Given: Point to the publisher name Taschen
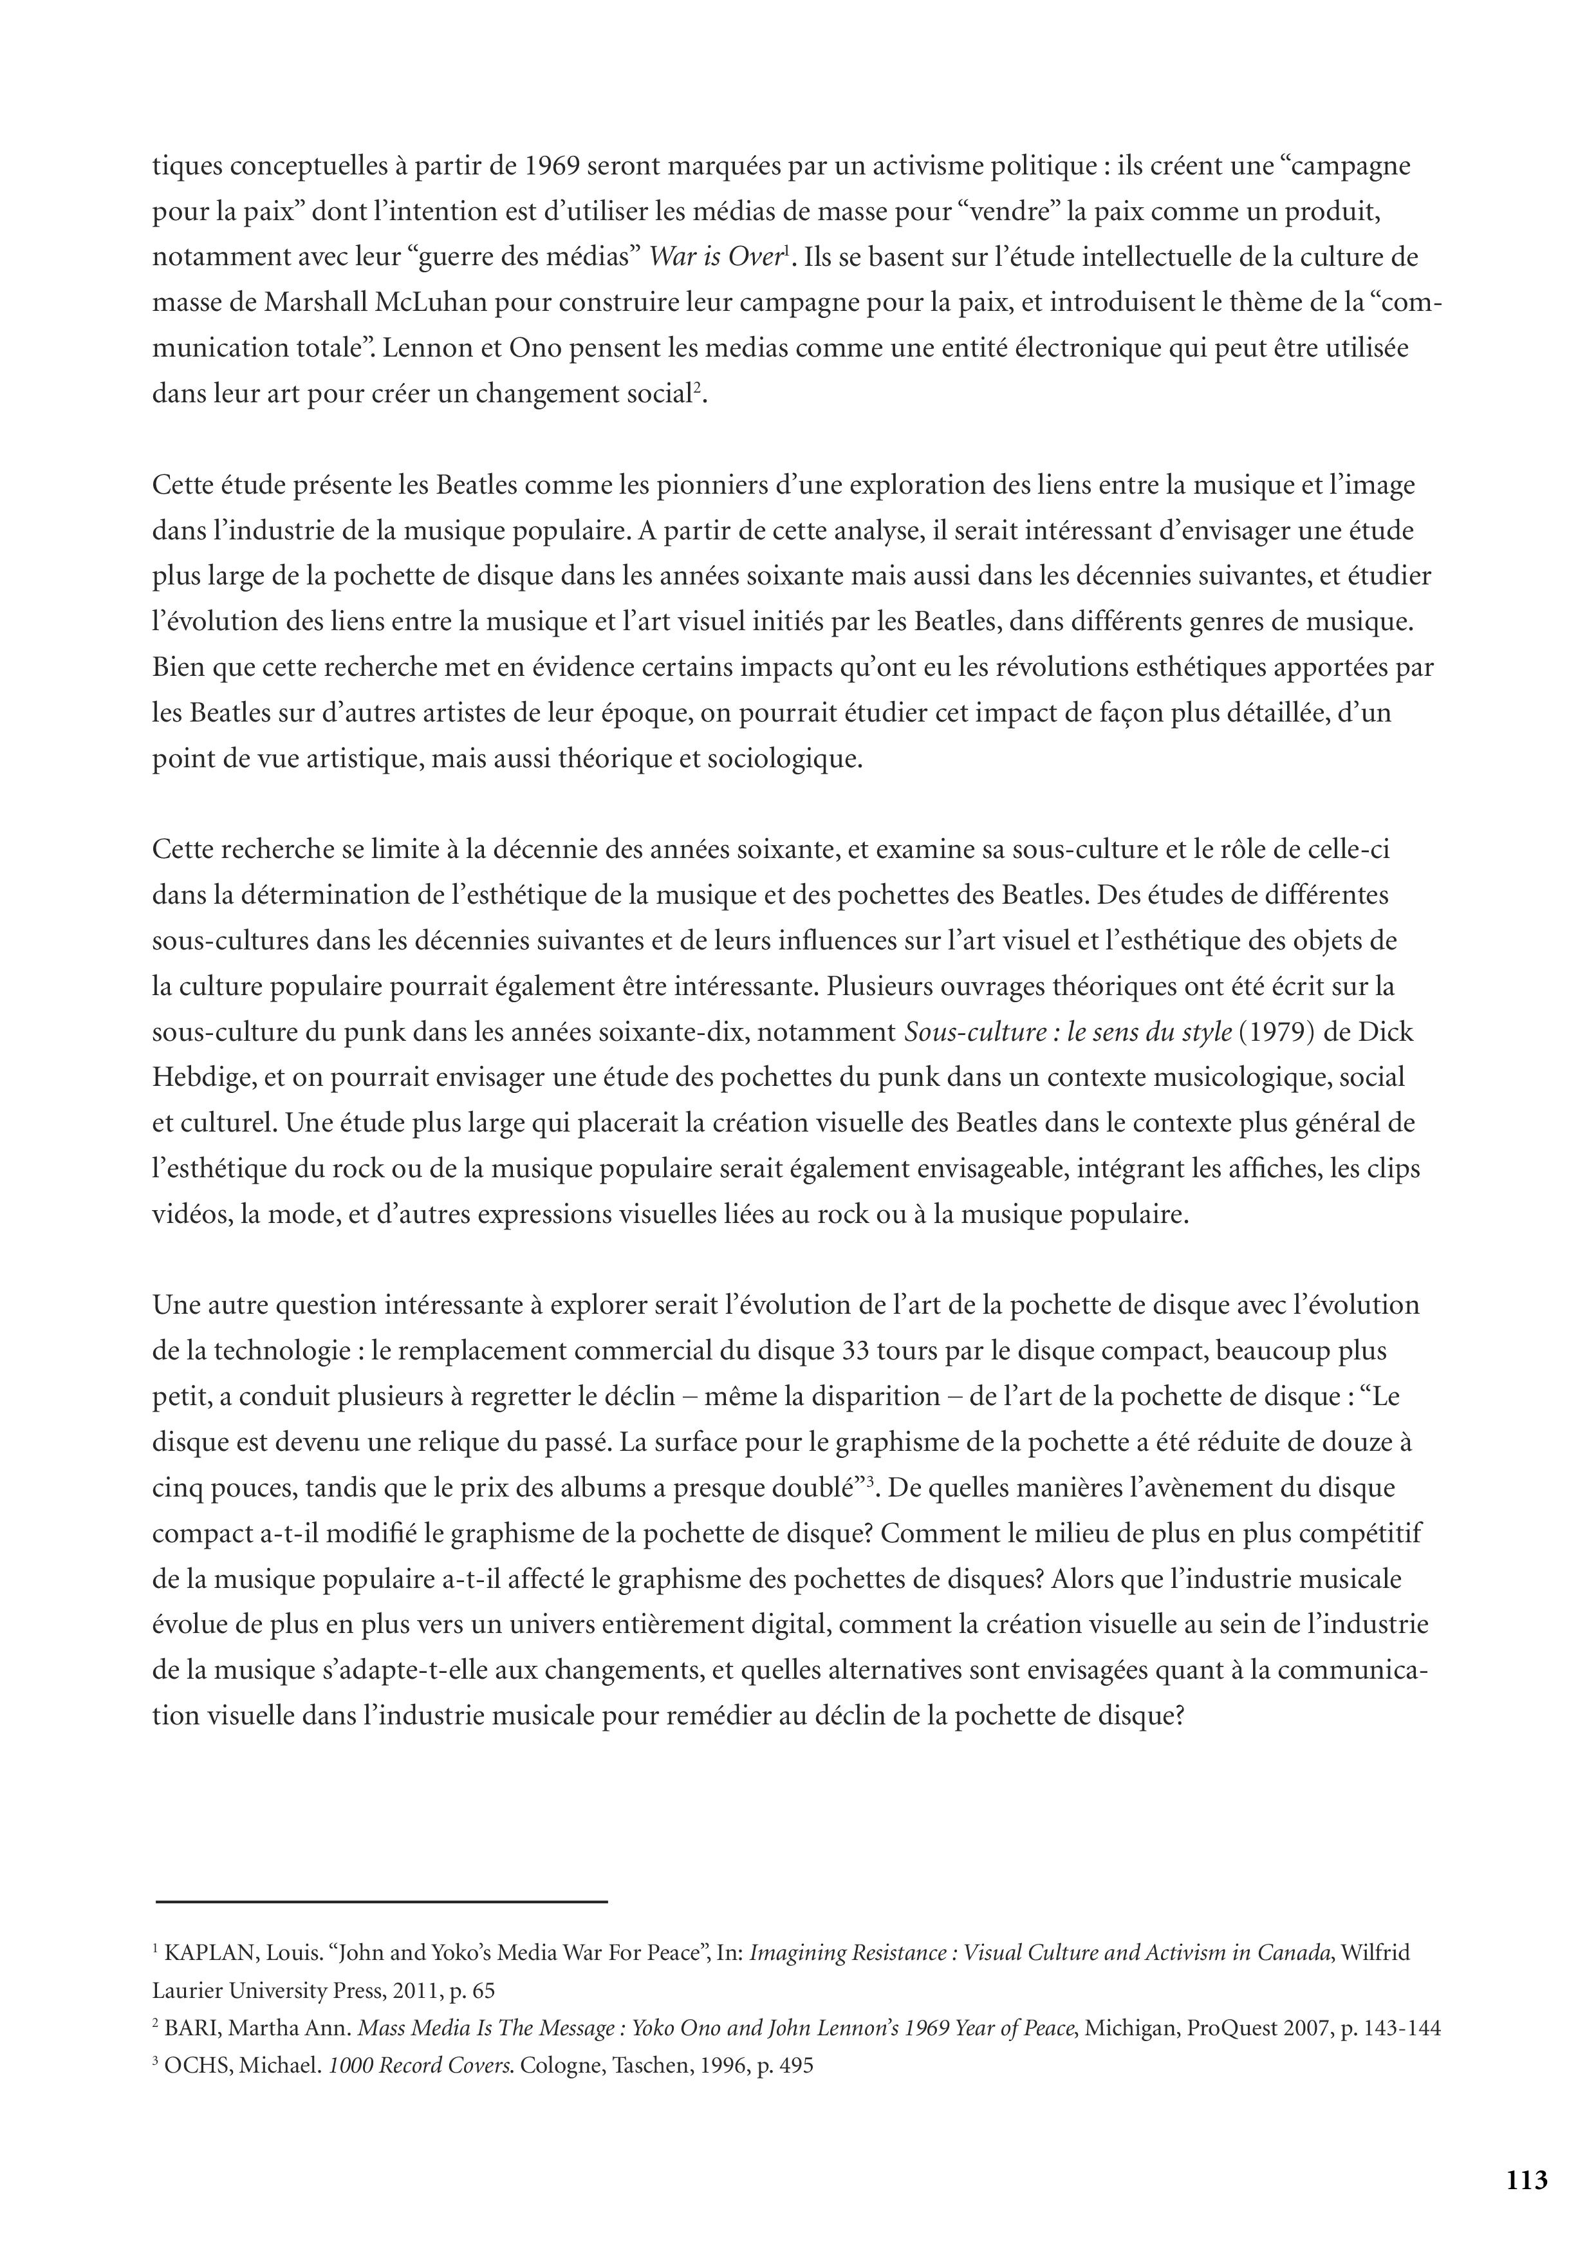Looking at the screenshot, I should pos(644,2066).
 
